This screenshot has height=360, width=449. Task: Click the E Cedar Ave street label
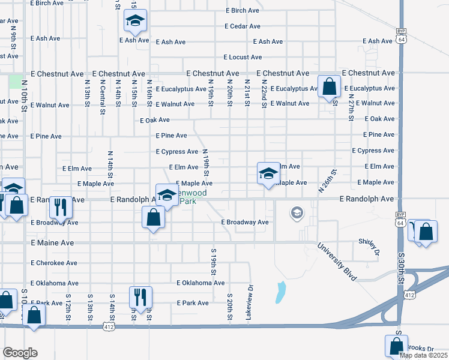coord(243,26)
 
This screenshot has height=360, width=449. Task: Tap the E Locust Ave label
coord(243,58)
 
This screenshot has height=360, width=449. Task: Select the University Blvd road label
coord(337,262)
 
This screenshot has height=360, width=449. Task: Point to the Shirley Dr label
coord(370,246)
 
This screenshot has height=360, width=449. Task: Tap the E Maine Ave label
coord(52,243)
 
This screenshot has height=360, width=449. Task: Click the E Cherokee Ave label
coord(54,263)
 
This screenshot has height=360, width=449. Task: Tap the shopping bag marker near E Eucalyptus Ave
coord(329,87)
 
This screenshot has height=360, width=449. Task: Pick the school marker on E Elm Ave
coord(268,175)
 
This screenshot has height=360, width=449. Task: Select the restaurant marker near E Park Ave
coord(140,297)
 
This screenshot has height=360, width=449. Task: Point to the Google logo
coord(20,353)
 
